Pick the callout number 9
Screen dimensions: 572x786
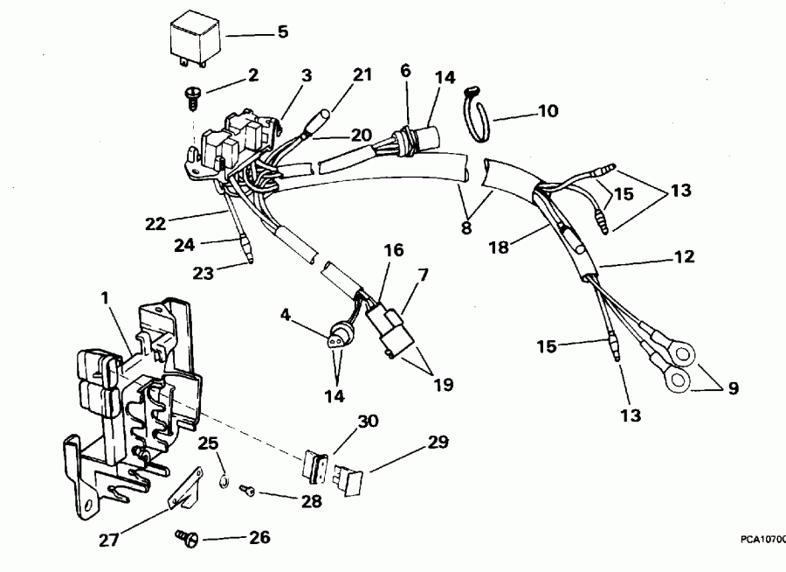coord(732,388)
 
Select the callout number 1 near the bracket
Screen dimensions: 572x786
coord(105,297)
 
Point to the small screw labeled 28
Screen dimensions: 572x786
coord(247,492)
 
